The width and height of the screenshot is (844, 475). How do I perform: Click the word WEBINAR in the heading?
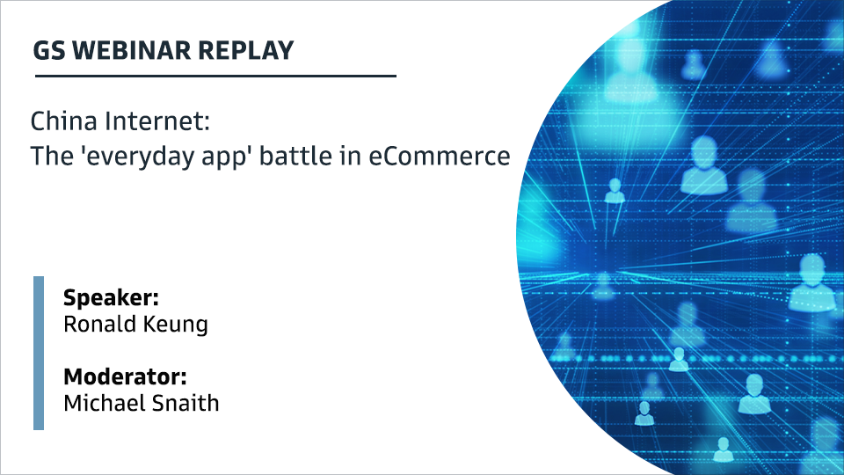coord(131,51)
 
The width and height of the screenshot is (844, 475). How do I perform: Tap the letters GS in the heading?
coord(49,51)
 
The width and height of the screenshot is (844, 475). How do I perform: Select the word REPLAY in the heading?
coord(245,51)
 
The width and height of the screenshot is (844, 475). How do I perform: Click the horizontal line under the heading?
coord(215,76)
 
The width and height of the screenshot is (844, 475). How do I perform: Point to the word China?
coord(63,121)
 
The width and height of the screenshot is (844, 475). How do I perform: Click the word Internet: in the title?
coord(157,121)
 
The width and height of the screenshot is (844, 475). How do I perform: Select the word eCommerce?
coord(440,157)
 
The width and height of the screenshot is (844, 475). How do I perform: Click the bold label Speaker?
coord(111,298)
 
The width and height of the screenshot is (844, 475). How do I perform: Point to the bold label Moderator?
coord(125,376)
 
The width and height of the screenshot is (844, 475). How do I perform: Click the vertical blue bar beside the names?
coord(39,354)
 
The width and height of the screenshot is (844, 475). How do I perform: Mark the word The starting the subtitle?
coord(52,156)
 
